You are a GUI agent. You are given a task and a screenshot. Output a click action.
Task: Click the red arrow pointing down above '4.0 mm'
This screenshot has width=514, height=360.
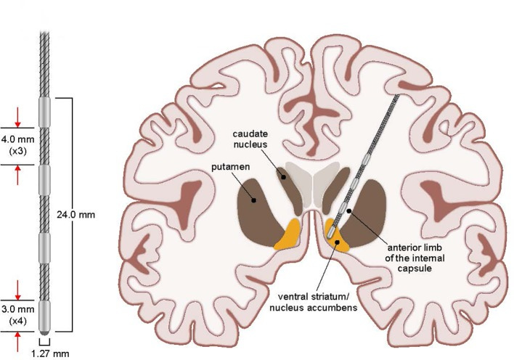20,117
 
